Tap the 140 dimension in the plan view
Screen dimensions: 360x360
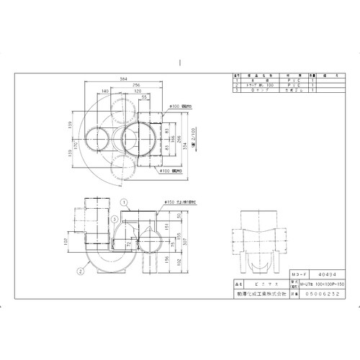[105, 91]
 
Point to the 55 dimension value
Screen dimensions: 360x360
[145, 97]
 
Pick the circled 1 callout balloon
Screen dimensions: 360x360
[123, 202]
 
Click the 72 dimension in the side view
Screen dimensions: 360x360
[129, 245]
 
